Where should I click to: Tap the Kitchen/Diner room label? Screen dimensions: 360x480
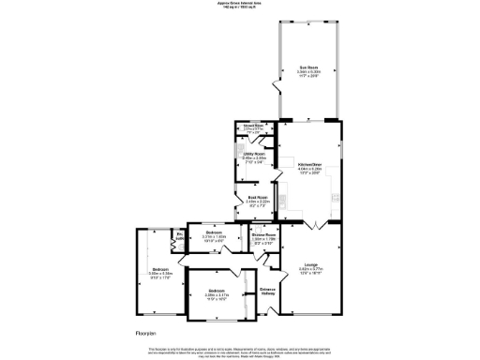pyautogui.click(x=309, y=165)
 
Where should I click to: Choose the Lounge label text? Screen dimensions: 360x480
pyautogui.click(x=308, y=270)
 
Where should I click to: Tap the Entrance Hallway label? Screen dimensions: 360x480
pyautogui.click(x=267, y=290)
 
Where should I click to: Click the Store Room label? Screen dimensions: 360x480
pyautogui.click(x=254, y=126)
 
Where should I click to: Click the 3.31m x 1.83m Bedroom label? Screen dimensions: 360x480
pyautogui.click(x=215, y=232)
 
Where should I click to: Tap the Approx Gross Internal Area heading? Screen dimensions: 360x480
pyautogui.click(x=240, y=5)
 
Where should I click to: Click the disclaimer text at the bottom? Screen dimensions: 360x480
pyautogui.click(x=240, y=352)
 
